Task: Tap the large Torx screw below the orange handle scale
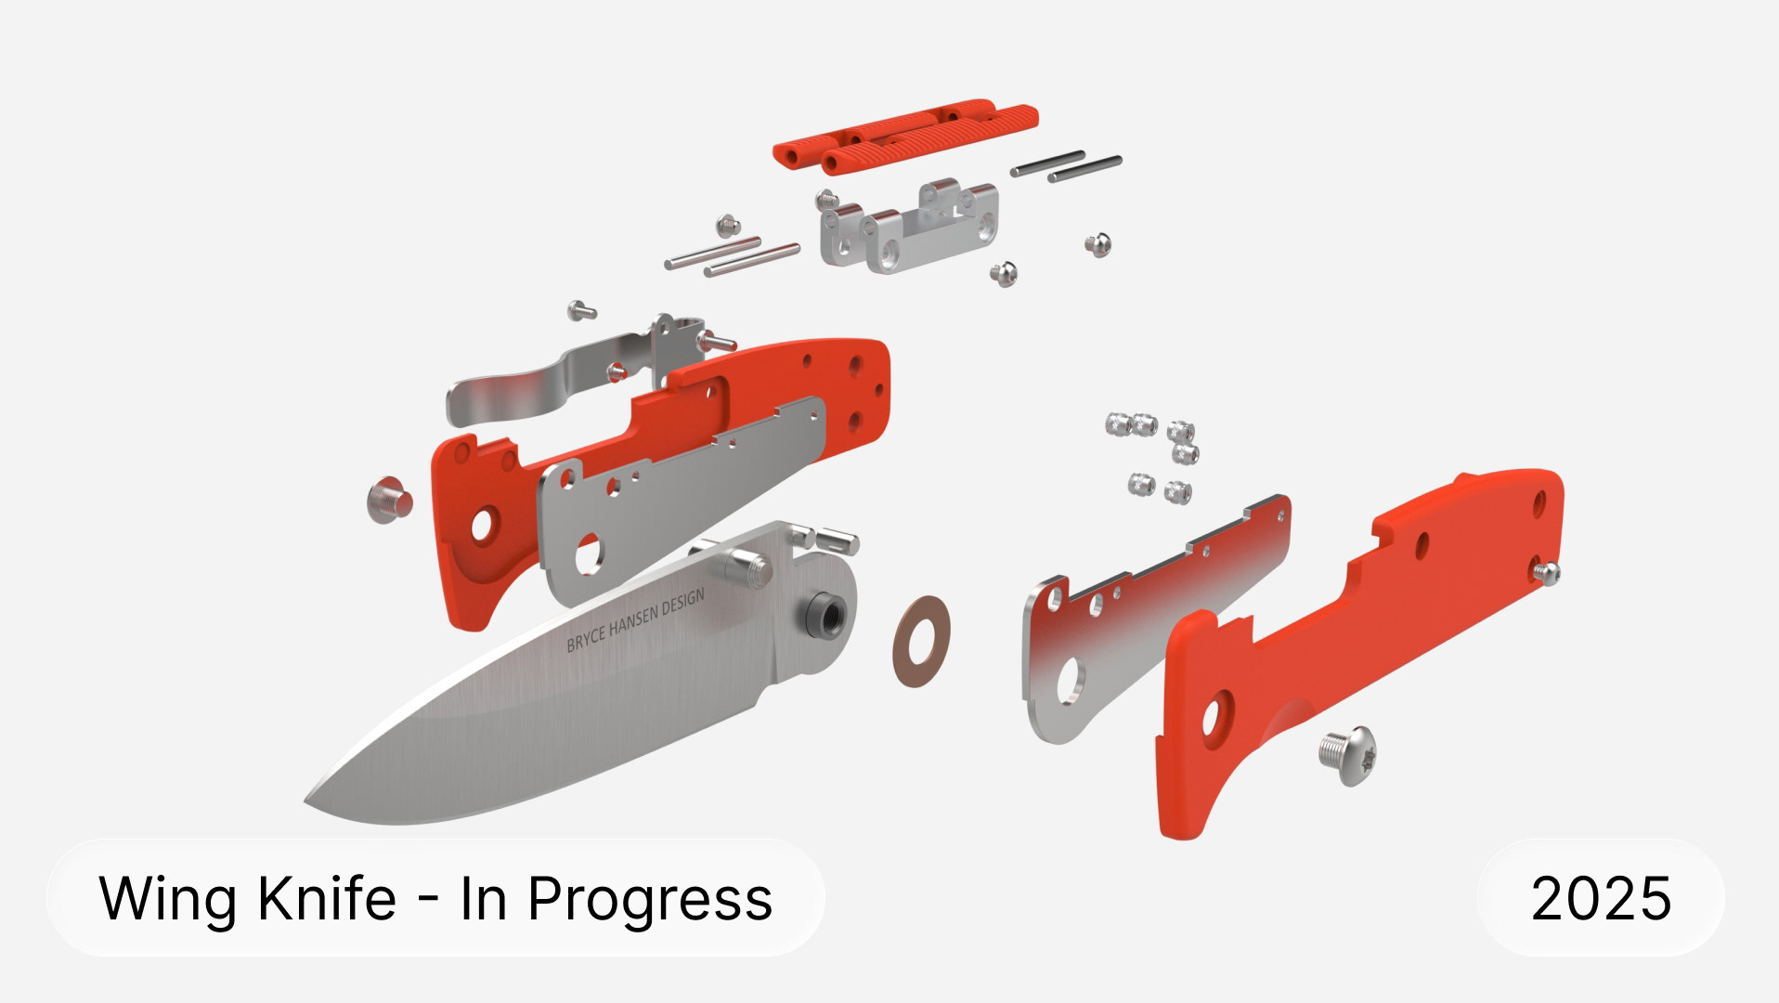pyautogui.click(x=1347, y=753)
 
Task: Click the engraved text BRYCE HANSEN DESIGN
pyautogui.click(x=635, y=619)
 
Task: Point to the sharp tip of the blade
pyautogui.click(x=306, y=801)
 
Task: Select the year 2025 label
pyautogui.click(x=1601, y=898)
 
